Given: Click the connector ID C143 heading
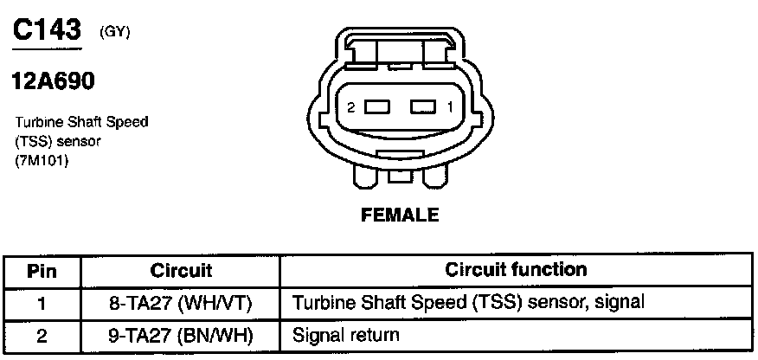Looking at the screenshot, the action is click(x=48, y=30).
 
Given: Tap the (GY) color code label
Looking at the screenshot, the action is click(x=116, y=32).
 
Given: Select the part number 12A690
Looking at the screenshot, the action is click(x=53, y=82).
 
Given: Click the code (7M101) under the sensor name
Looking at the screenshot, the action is click(x=42, y=161).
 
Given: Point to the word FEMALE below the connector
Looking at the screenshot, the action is click(x=400, y=215).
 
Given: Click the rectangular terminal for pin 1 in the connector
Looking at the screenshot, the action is click(x=421, y=107).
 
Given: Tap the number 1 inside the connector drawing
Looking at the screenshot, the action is click(x=450, y=107).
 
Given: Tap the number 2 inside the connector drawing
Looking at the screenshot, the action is click(x=350, y=107).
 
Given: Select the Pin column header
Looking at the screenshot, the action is click(x=42, y=271).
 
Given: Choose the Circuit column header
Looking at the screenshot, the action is click(x=181, y=271).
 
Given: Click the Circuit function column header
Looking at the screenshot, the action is click(x=516, y=270).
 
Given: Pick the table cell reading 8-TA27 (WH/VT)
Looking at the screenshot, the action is click(x=181, y=303).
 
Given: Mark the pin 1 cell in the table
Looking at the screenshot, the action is click(x=42, y=303).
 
